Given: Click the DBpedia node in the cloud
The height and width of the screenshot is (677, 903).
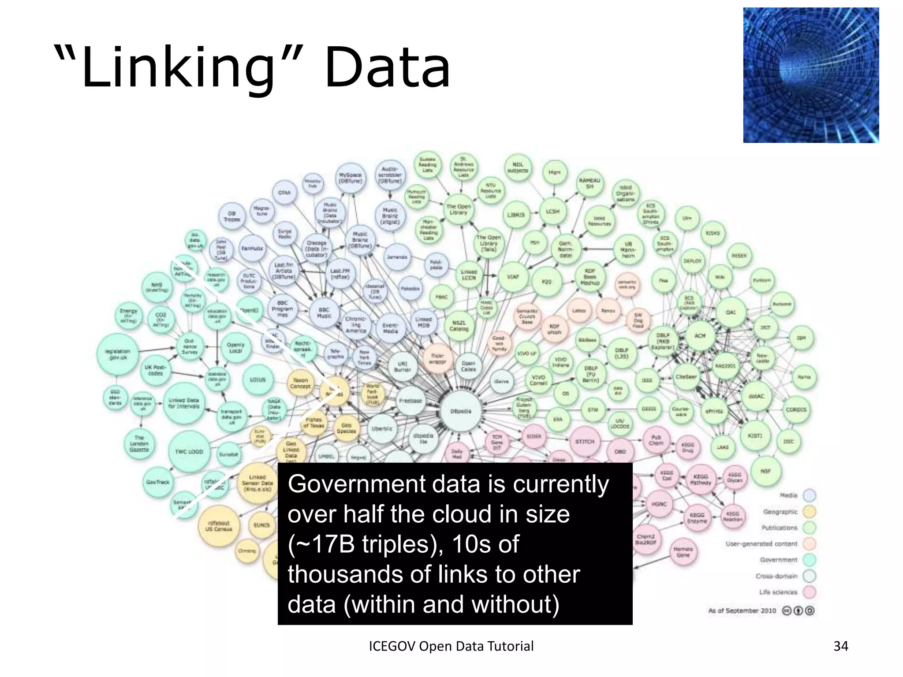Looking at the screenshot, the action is tap(461, 411).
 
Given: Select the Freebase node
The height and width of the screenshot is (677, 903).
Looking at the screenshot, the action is tap(410, 401).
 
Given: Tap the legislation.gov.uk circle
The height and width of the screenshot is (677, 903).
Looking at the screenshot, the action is tap(117, 354).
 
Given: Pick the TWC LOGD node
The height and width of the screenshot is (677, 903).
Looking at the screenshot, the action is tap(189, 451).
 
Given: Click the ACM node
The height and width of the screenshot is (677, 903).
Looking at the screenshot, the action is tap(700, 336).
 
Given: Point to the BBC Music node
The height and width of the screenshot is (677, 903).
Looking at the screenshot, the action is tap(324, 312).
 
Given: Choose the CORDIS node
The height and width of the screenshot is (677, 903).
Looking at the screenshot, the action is tap(796, 409).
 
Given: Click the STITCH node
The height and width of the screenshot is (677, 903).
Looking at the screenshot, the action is tap(585, 441).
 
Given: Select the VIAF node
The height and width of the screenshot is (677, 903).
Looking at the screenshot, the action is tap(513, 277).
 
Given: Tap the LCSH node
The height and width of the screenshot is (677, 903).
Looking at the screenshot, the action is tap(552, 212).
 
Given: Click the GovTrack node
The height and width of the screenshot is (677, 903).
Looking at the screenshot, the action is tap(157, 482).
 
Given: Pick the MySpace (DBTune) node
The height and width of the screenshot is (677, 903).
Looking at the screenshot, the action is tap(350, 178).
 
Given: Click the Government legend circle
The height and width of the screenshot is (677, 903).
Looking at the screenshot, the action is tap(810, 560).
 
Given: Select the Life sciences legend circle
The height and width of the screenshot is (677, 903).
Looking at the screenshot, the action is tap(810, 592).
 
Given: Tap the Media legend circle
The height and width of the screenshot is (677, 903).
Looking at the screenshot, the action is tap(810, 495).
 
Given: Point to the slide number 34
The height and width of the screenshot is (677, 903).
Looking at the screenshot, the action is tap(841, 646).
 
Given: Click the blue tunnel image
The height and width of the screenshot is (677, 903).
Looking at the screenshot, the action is tap(811, 75).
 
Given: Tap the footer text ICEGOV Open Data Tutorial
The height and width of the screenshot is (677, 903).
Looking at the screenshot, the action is tap(451, 646).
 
